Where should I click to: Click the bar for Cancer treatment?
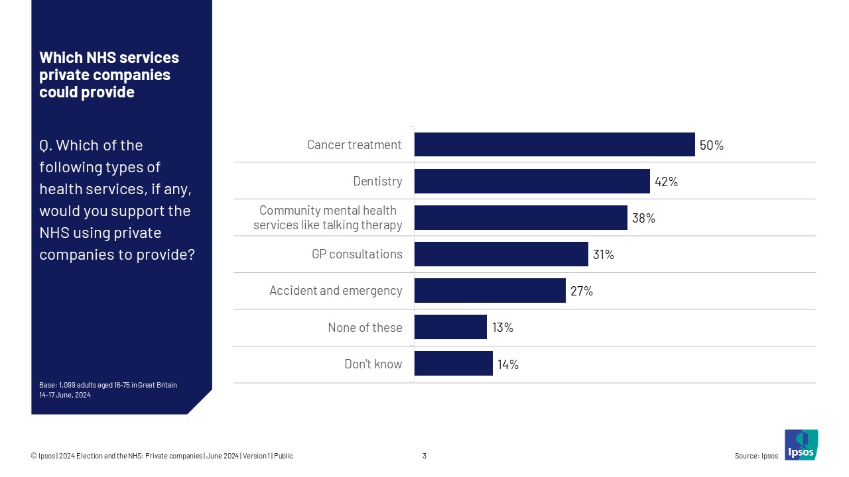[x=555, y=144]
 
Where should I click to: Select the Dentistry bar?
[x=532, y=181]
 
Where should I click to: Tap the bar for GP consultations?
[x=501, y=254]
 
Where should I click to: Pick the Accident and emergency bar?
[x=490, y=290]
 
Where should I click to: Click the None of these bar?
[x=450, y=327]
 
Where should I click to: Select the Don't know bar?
[x=453, y=364]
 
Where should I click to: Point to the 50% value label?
[x=711, y=145]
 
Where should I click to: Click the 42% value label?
[x=666, y=182]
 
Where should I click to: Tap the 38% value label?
[x=643, y=218]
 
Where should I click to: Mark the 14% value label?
[x=508, y=364]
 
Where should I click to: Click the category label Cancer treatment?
[x=354, y=145]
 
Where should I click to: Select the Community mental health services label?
[x=328, y=218]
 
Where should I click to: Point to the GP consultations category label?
[x=357, y=254]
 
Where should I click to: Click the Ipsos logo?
[x=801, y=445]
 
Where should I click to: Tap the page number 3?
[x=424, y=456]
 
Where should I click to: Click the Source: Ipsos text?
[x=756, y=456]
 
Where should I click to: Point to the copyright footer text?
[x=162, y=456]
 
